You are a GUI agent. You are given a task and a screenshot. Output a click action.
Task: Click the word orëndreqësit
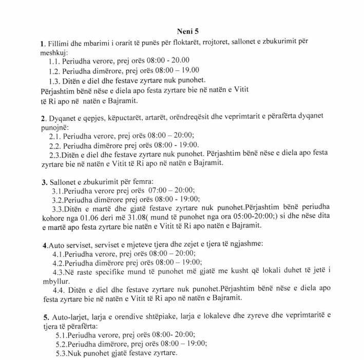click(190, 117)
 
